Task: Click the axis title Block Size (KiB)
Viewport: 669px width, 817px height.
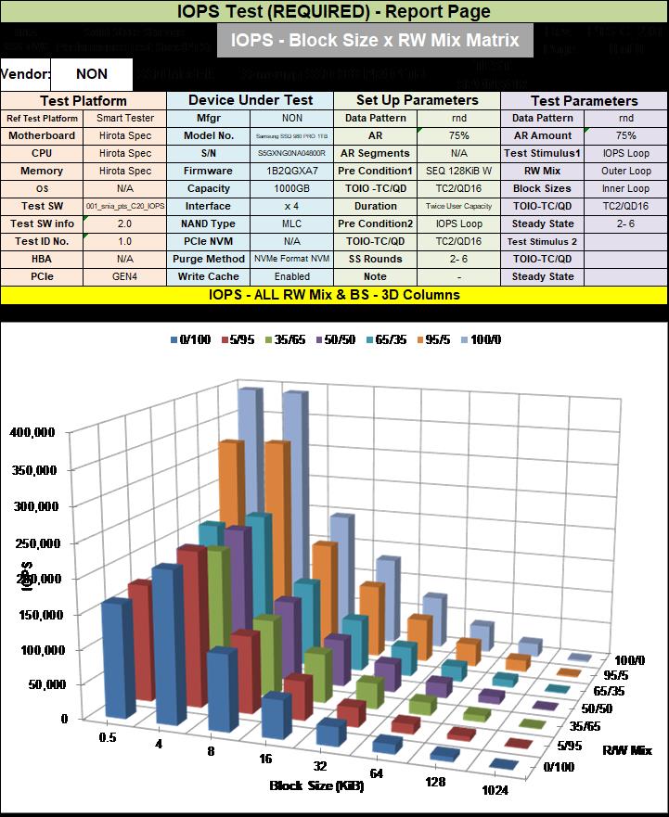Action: pos(316,786)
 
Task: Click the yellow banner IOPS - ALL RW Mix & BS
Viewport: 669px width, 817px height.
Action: pos(333,295)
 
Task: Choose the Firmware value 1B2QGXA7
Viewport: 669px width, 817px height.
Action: pos(291,171)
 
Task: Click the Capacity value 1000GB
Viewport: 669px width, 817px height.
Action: pos(291,188)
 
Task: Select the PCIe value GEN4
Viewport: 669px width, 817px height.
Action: pos(125,276)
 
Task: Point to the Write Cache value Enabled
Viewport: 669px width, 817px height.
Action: pos(291,276)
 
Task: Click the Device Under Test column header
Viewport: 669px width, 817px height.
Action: pos(250,100)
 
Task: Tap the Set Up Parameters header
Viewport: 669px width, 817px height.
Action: pos(417,100)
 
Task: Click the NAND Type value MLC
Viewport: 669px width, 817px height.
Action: pos(291,223)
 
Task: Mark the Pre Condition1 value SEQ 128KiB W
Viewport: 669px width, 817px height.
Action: pos(458,171)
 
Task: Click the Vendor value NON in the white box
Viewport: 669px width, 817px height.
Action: pos(91,74)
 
